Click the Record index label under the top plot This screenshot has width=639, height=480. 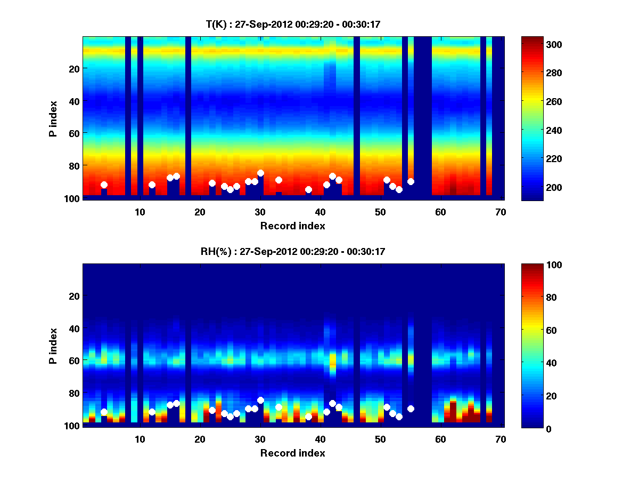[x=292, y=226]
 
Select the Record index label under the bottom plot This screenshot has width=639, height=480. [x=292, y=453]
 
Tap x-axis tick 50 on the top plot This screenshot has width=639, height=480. [x=380, y=212]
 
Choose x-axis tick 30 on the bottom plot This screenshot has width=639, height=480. [x=260, y=439]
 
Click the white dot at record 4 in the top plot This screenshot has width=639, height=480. [x=104, y=185]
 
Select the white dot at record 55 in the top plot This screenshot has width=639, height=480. [x=411, y=182]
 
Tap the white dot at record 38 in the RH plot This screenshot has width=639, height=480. [x=308, y=417]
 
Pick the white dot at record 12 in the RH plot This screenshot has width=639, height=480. [x=152, y=412]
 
